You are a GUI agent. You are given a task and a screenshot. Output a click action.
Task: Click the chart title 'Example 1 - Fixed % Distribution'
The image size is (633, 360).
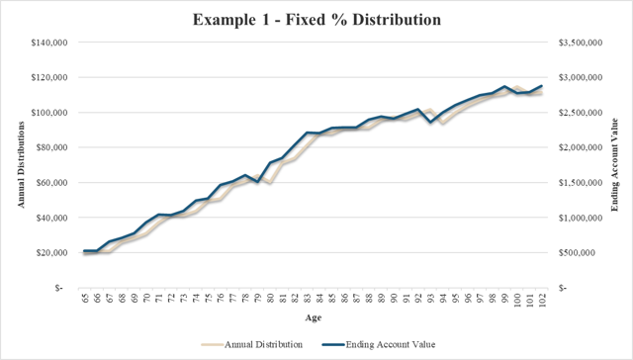pos(316,20)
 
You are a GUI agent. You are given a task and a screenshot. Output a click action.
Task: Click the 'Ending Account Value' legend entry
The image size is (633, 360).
pos(381,343)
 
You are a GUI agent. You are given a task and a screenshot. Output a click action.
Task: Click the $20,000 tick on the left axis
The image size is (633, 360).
pos(51,252)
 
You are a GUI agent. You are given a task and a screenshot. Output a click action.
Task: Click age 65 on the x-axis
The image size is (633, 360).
pos(86,299)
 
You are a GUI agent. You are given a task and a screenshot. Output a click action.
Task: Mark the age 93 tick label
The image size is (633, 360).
pos(430,299)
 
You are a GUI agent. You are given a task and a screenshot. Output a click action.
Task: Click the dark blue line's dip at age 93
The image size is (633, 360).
pos(430,122)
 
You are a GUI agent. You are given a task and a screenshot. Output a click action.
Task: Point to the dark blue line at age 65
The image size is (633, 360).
pos(86,251)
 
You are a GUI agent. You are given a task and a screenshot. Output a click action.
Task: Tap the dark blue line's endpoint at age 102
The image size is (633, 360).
pos(542,86)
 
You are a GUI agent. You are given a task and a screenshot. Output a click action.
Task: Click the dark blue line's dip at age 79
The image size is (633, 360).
pos(258,182)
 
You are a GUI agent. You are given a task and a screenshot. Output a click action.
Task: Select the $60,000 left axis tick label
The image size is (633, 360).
pos(51,182)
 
